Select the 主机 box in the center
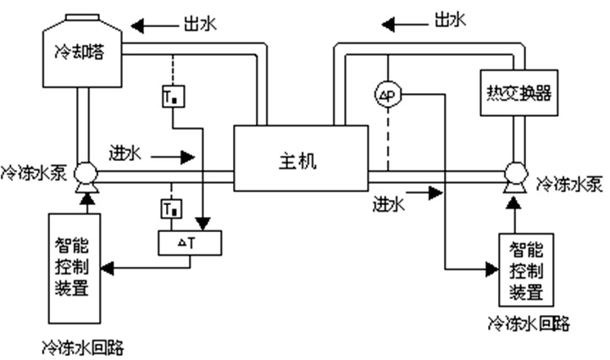300,158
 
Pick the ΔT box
190,243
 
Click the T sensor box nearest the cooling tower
172,97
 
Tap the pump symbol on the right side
514,177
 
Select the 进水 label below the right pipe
389,204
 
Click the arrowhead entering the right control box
491,269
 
